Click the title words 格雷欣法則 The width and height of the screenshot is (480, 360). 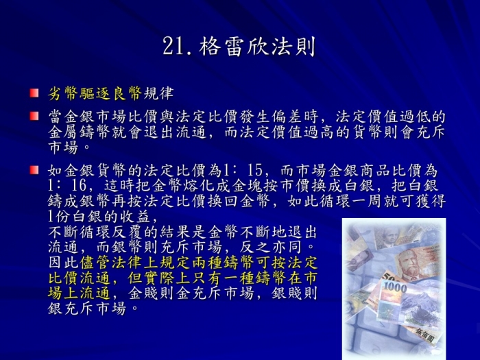pos(257,47)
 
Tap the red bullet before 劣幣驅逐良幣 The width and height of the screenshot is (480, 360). pos(34,93)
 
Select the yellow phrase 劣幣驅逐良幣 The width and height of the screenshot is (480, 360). pos(95,93)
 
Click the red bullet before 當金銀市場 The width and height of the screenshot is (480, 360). pos(34,116)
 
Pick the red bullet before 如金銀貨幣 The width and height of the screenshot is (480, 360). pos(34,170)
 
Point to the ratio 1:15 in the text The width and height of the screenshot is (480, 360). pos(243,170)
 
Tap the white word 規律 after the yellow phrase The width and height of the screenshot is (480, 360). pos(158,93)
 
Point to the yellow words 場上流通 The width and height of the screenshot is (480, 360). pos(79,293)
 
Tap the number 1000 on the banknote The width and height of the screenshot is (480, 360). pos(395,287)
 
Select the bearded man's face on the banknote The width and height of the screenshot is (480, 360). pos(410,263)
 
